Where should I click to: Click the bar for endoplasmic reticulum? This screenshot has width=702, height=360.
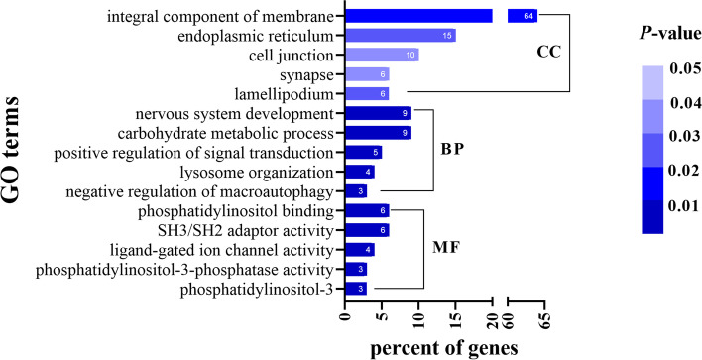point(400,35)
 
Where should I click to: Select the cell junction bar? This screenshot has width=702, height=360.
point(381,55)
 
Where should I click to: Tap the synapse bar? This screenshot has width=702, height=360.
point(366,74)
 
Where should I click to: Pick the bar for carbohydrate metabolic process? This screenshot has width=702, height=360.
point(377,133)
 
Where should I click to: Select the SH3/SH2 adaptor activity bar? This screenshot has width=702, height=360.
point(366,230)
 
